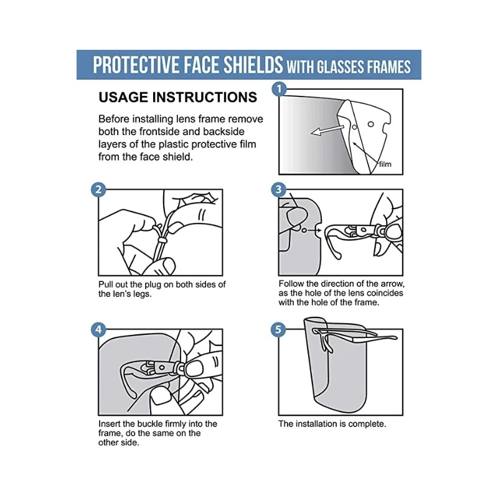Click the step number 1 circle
click(x=280, y=89)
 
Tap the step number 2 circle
click(x=98, y=190)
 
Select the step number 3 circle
click(x=279, y=190)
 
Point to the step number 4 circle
click(x=98, y=329)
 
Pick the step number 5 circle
click(x=279, y=329)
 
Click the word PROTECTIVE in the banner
click(x=132, y=65)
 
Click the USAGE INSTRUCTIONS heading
click(x=177, y=98)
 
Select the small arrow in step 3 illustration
click(x=315, y=230)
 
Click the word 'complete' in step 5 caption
click(x=367, y=424)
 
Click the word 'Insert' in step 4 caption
click(x=110, y=424)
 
